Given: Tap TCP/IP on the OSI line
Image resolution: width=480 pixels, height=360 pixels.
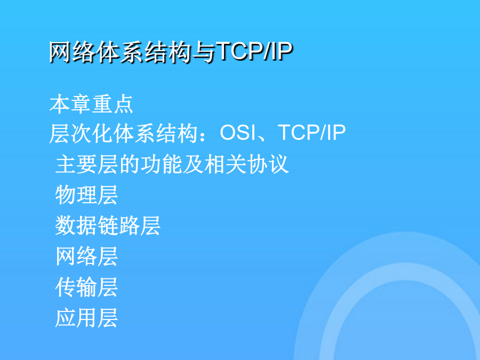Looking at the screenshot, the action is [x=312, y=133].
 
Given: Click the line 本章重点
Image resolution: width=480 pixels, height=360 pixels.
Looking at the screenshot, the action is [x=91, y=104].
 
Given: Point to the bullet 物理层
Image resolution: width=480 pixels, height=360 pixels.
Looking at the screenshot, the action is [x=86, y=195].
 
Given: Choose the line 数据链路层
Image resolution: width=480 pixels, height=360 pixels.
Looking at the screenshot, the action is [x=108, y=226].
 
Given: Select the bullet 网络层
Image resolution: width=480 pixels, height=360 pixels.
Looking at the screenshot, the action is [x=86, y=256].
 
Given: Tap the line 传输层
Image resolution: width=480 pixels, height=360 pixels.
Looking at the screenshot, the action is [x=86, y=287].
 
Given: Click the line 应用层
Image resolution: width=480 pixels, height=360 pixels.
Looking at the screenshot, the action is [x=86, y=318].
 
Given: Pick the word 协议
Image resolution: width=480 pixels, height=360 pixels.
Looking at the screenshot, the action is [x=268, y=164].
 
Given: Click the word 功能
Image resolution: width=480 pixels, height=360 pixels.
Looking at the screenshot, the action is [x=161, y=164].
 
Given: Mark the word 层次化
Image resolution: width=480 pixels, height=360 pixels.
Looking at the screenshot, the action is [x=81, y=133].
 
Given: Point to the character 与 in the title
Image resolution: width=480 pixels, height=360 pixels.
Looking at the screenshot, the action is [x=205, y=52].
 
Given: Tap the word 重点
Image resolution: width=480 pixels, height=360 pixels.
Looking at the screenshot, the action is [x=113, y=104].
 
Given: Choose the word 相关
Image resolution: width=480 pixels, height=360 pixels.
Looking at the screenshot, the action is [x=225, y=164].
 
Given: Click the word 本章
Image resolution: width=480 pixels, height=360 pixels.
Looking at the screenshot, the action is [x=70, y=104].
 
